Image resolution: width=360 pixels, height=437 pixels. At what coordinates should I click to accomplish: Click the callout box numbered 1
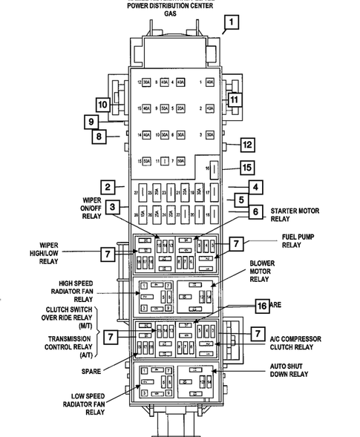tap(232, 22)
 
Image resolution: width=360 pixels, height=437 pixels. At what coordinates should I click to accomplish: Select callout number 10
tap(102, 105)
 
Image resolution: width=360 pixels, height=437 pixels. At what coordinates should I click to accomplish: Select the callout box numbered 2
tap(108, 187)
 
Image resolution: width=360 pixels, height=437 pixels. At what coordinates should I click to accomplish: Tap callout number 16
tap(261, 305)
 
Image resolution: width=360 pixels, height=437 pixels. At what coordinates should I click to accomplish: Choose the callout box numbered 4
tap(254, 187)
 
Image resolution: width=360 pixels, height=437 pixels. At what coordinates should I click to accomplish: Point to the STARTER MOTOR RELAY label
tap(295, 215)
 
